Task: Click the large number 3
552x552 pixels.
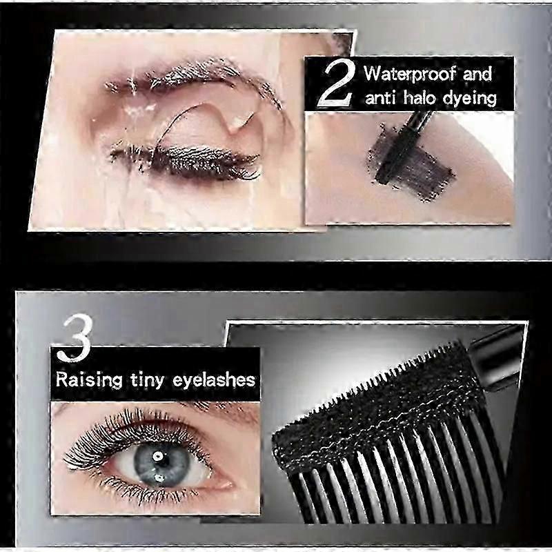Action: click(x=75, y=338)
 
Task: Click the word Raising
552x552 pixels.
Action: click(x=90, y=380)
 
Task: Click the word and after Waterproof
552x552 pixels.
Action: click(x=477, y=75)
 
